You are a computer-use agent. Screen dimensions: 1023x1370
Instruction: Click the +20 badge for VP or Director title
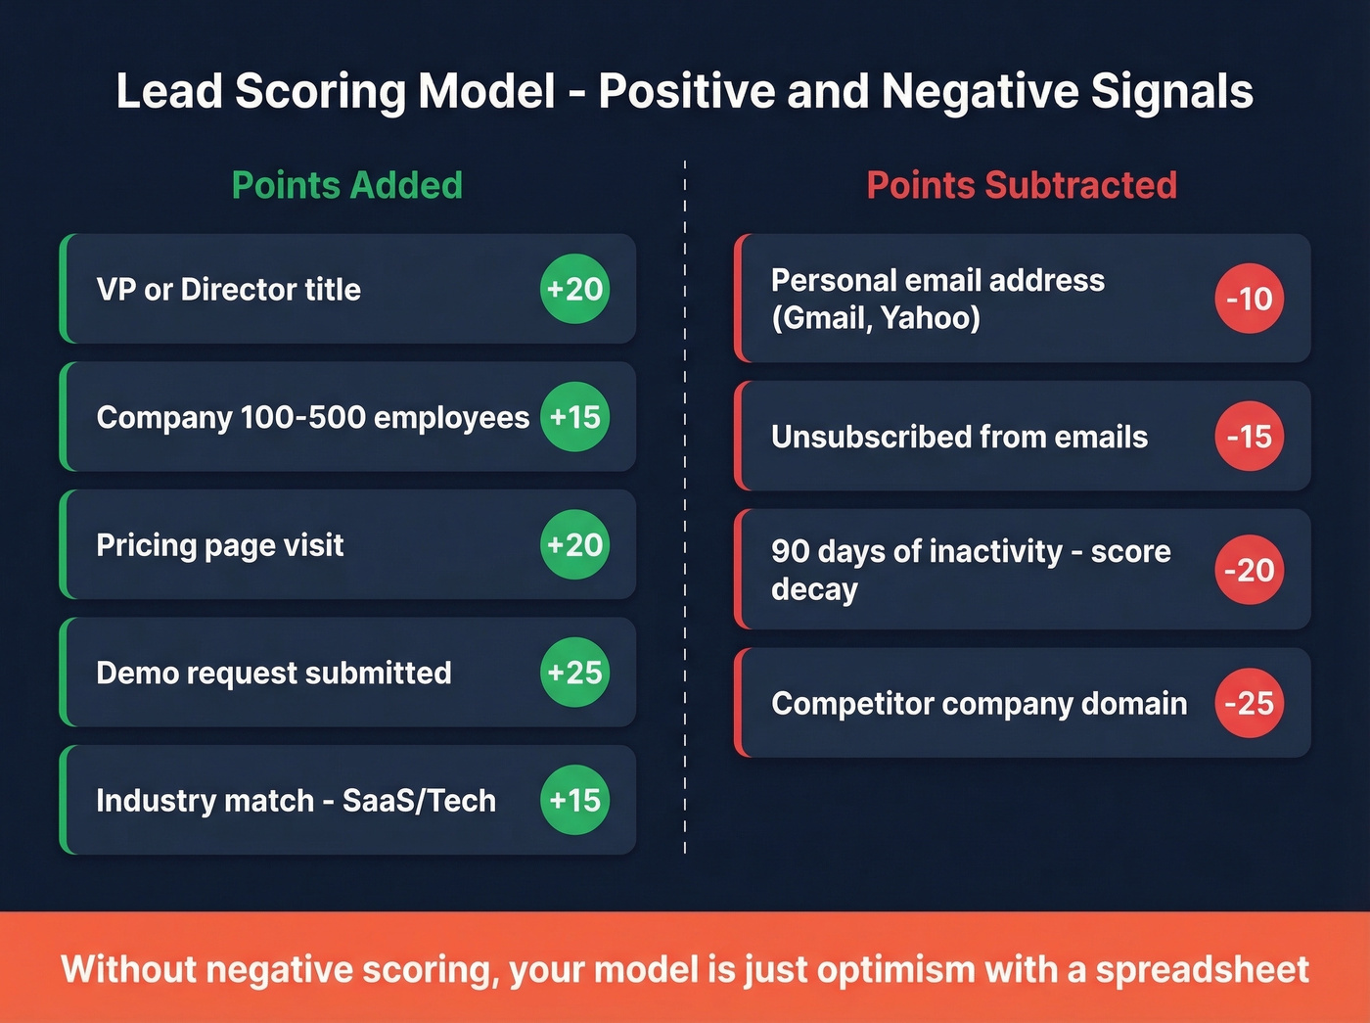574,289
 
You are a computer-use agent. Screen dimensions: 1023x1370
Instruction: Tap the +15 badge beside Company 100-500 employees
574,417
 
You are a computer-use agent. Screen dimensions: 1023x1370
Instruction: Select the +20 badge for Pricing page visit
574,544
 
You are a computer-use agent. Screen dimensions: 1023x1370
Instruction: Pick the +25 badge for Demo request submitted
574,673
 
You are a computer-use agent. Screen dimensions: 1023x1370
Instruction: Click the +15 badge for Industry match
574,800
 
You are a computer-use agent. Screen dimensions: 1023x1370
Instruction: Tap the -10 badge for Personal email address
1249,299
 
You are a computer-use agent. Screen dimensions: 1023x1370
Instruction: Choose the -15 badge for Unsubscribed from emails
1249,436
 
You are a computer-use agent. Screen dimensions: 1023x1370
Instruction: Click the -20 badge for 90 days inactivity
1249,570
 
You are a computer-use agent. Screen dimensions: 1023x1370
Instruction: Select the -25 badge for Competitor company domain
1249,703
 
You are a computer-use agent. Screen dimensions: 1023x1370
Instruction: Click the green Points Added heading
346,185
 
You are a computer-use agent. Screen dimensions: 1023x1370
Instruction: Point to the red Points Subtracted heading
1022,185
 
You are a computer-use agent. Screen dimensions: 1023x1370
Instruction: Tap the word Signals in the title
1171,92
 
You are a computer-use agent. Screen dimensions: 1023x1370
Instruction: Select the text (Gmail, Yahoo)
875,318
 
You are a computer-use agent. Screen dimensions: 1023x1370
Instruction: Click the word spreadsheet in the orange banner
1202,969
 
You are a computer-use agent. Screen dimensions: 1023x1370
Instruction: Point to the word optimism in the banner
896,969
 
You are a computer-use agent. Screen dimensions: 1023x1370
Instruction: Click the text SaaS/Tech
419,801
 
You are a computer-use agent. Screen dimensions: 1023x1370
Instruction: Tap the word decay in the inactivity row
814,589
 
